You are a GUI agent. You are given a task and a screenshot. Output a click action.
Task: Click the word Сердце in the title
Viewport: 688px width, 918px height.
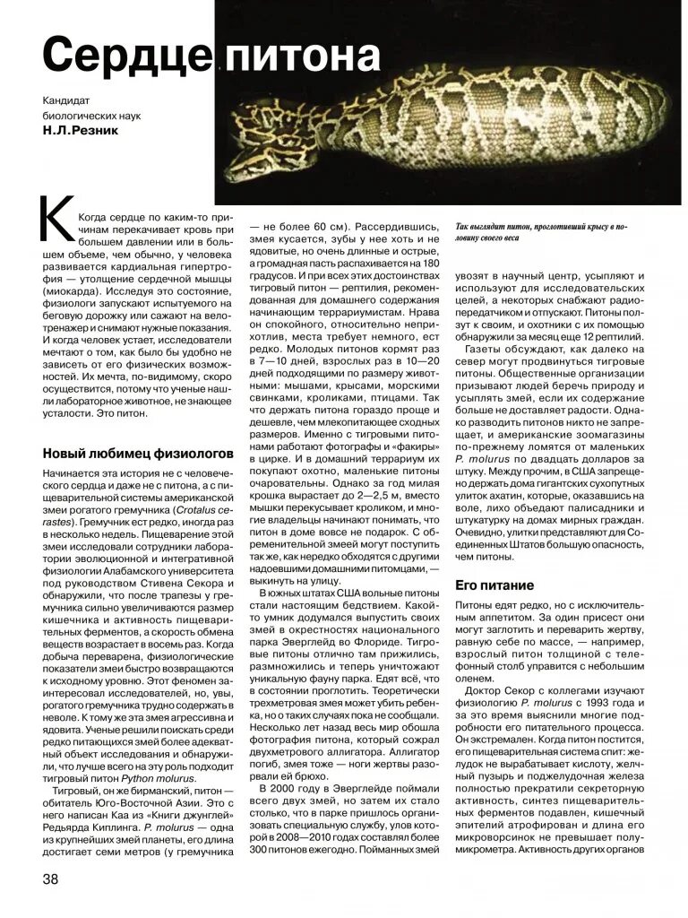coord(125,56)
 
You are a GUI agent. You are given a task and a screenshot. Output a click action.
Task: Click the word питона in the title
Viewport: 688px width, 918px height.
coord(301,56)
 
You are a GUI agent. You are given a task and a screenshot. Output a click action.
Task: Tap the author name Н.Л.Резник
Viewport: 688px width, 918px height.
coord(79,131)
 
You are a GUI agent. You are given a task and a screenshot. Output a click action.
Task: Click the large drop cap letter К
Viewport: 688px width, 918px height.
coord(56,219)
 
